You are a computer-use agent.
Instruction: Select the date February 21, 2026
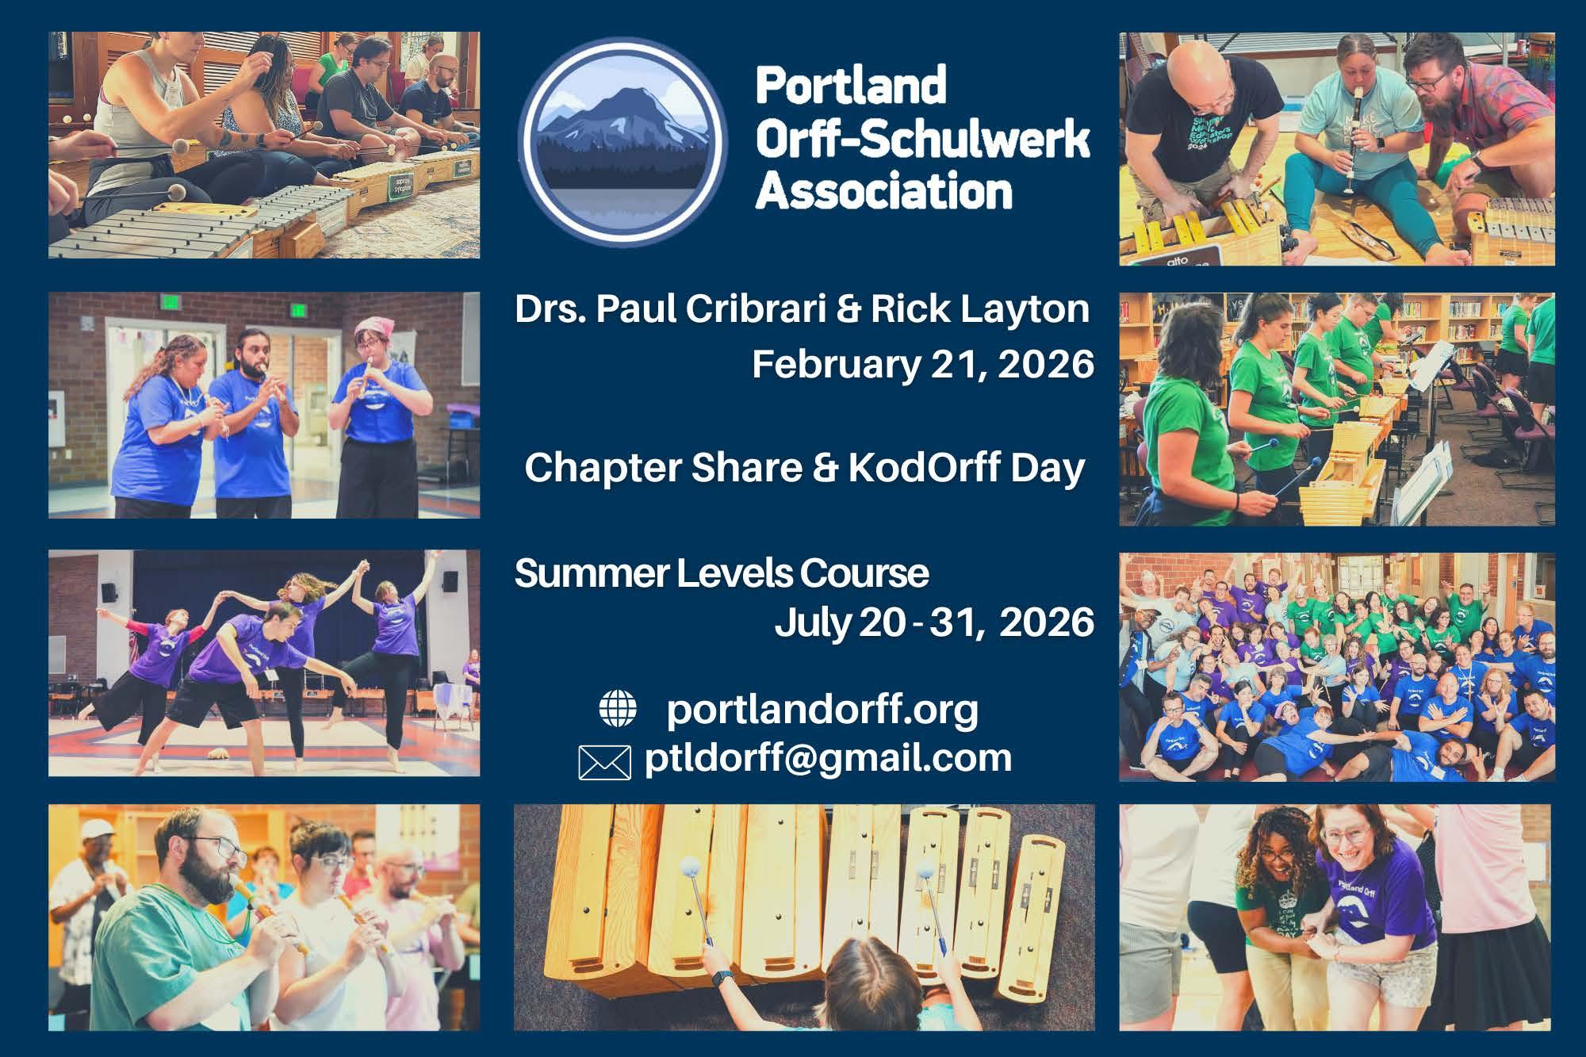(x=923, y=365)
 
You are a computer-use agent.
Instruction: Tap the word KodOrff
(x=924, y=468)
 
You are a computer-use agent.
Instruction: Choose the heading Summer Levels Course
(x=722, y=573)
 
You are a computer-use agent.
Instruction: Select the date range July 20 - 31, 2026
(x=934, y=622)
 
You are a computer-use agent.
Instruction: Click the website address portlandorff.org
(x=823, y=710)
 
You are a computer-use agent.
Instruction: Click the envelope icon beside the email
(x=605, y=763)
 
